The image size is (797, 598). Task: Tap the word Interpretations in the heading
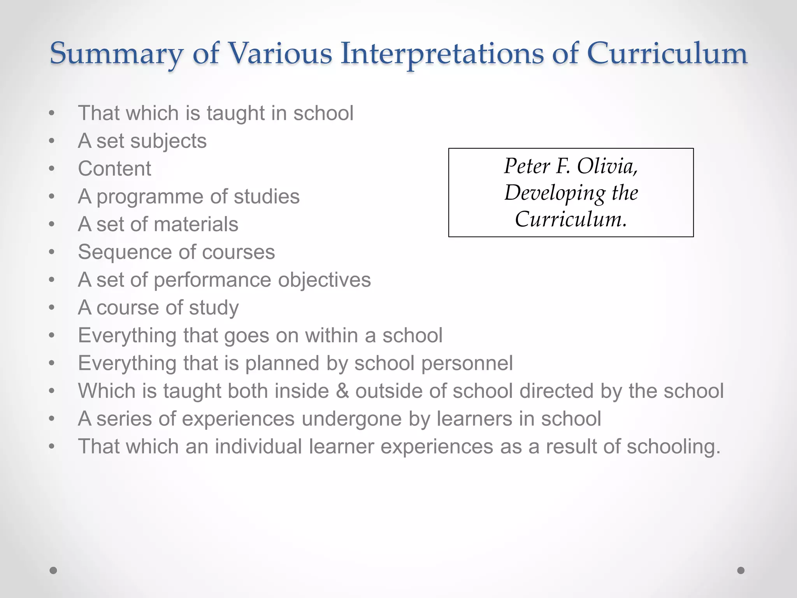click(442, 53)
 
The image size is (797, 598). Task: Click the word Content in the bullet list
click(114, 169)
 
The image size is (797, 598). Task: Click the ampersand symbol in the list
click(342, 391)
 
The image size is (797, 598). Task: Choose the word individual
click(258, 446)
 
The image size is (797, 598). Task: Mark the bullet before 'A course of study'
click(52, 308)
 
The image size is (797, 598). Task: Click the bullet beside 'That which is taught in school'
click(52, 113)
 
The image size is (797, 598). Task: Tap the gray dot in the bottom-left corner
click(53, 570)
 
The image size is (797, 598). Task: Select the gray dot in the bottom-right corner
click(741, 570)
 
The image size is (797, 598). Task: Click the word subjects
click(168, 141)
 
